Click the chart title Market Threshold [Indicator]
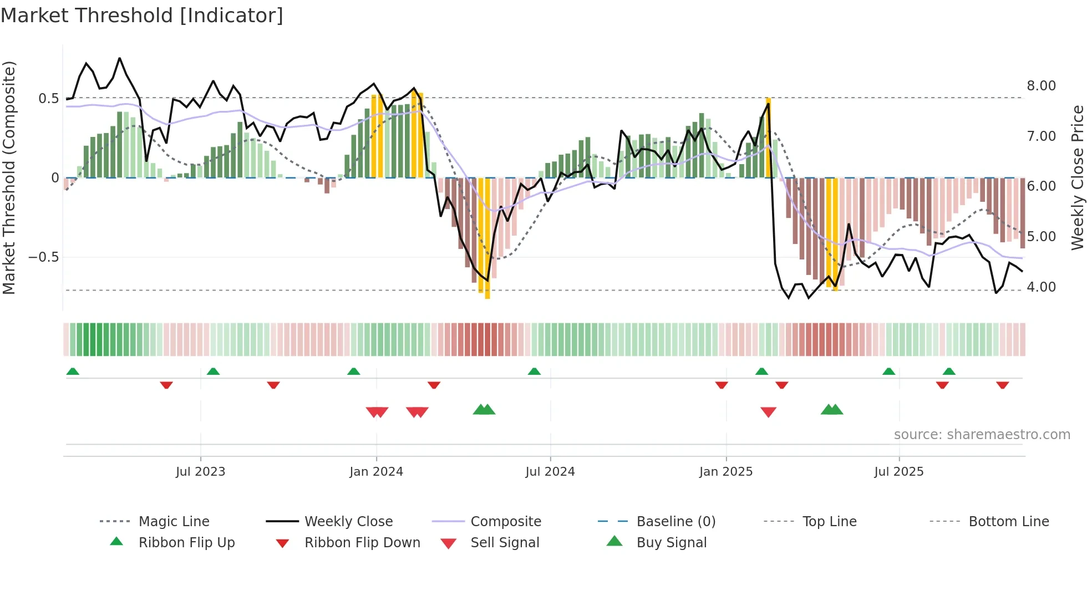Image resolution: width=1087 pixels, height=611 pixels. [x=142, y=16]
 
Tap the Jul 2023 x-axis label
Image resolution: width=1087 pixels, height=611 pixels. [x=200, y=472]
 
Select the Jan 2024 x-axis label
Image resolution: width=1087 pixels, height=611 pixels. [x=376, y=472]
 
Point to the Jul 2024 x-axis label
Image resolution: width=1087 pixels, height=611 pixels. [x=550, y=472]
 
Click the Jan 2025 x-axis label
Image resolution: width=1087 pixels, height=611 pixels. [x=725, y=472]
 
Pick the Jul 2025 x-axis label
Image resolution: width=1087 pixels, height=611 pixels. [x=898, y=472]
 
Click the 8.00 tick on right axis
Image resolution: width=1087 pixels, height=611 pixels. [x=1041, y=86]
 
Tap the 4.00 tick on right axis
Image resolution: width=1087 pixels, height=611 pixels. [x=1041, y=287]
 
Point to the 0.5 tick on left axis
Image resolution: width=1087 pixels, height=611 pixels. [x=48, y=99]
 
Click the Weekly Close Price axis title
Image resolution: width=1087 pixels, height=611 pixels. [x=1077, y=177]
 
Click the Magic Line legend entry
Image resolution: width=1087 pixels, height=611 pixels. [x=174, y=522]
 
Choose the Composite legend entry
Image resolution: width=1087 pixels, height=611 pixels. [x=505, y=522]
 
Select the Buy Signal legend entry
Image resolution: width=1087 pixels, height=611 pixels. [x=671, y=543]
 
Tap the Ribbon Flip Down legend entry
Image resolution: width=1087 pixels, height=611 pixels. [x=362, y=543]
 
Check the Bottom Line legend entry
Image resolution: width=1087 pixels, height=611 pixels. [x=1008, y=522]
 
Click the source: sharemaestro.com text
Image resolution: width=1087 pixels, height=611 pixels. [x=982, y=435]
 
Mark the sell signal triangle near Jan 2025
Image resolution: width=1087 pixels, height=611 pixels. [x=768, y=412]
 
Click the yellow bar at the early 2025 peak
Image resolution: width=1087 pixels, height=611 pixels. [x=768, y=139]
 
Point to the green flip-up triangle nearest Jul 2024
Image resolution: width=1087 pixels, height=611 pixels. [x=534, y=371]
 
